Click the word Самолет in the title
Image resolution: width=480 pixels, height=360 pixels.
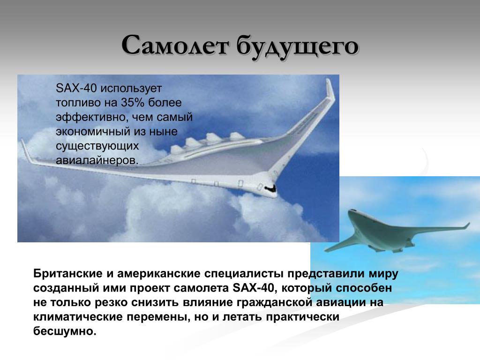pos(175,45)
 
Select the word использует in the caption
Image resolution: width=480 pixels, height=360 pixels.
pos(131,89)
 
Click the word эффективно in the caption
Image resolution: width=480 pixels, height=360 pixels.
pos(90,117)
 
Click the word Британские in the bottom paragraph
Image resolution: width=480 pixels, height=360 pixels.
pos(67,273)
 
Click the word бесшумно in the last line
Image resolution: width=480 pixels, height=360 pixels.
pos(65,331)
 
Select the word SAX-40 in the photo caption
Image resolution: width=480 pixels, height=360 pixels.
pos(76,89)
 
